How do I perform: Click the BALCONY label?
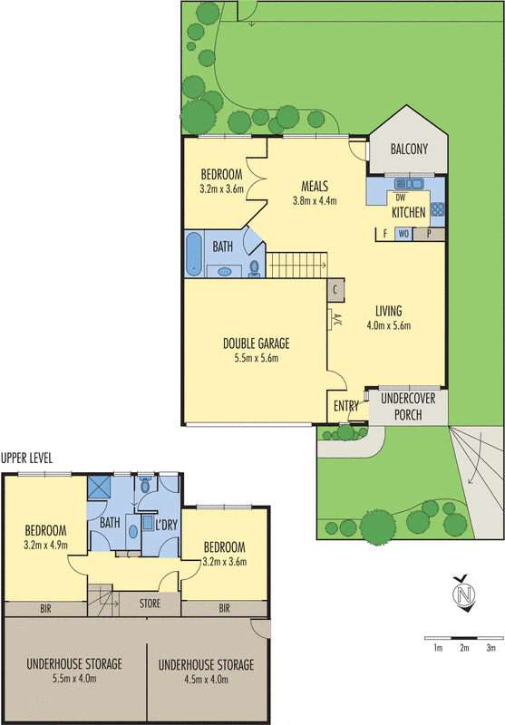[x=408, y=150]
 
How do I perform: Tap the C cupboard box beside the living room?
[x=335, y=290]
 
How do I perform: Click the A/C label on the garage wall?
[x=335, y=320]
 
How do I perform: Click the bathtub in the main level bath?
[x=195, y=254]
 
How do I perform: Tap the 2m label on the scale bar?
[x=463, y=648]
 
